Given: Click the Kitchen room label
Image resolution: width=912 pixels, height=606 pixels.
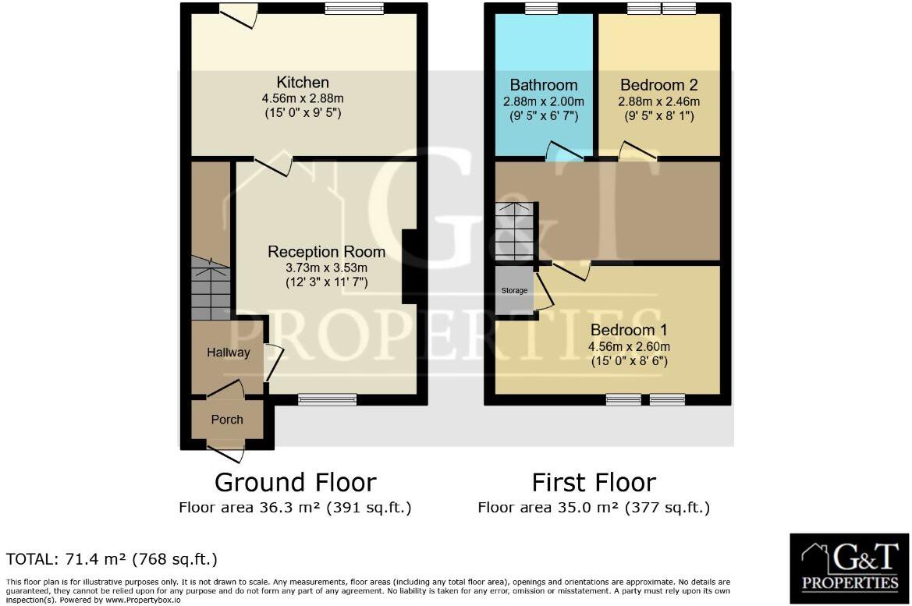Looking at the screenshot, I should pyautogui.click(x=303, y=83).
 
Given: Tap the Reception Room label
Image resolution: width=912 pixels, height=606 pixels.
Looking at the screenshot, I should pyautogui.click(x=326, y=252).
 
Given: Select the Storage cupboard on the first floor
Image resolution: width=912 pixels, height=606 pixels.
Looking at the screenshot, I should pyautogui.click(x=514, y=290).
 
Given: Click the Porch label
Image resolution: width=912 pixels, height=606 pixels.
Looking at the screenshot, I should pyautogui.click(x=227, y=420).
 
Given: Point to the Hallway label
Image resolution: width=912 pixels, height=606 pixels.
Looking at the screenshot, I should pyautogui.click(x=228, y=353).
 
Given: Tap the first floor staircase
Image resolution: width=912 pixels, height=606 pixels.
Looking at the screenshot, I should pyautogui.click(x=516, y=231).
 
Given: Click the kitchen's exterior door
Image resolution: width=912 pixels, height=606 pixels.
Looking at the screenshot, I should pyautogui.click(x=239, y=14).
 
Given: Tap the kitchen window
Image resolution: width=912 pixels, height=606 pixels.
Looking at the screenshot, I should pyautogui.click(x=355, y=9).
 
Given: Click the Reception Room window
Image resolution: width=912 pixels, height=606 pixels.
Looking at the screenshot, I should pyautogui.click(x=327, y=399).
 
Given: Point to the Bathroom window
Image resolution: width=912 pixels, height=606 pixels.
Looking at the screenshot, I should pyautogui.click(x=541, y=9).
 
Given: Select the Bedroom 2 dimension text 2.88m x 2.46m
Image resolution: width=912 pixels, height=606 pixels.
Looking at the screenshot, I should pyautogui.click(x=658, y=101).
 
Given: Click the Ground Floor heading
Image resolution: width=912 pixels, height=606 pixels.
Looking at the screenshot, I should pyautogui.click(x=295, y=482).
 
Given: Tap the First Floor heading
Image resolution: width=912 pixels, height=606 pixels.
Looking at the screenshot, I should pyautogui.click(x=594, y=482).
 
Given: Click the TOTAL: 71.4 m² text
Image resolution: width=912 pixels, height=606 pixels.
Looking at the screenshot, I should pyautogui.click(x=112, y=559).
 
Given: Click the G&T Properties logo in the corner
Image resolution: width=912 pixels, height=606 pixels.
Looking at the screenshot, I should pyautogui.click(x=850, y=567).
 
